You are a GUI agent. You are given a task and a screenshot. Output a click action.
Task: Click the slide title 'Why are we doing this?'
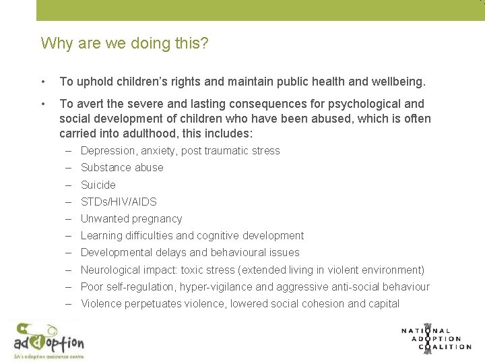point(125,44)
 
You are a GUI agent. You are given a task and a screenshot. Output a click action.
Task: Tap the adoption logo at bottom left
point(48,340)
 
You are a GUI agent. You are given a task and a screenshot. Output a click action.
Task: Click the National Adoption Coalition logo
point(436,338)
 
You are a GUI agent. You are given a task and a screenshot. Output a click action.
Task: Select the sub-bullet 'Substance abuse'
point(122,168)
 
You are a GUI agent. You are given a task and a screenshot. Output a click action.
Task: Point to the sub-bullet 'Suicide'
point(98,185)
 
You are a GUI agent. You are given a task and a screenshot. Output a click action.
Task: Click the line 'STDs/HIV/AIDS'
point(119,202)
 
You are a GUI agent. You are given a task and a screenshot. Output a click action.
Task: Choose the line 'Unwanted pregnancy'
point(131,218)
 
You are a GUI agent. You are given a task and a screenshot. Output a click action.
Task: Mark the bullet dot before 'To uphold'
point(43,82)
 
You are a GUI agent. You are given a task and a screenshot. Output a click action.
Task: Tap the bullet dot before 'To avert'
point(43,104)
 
